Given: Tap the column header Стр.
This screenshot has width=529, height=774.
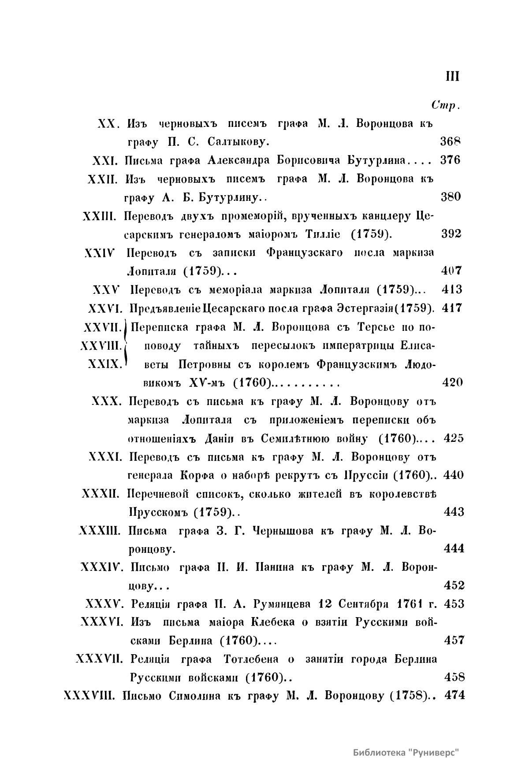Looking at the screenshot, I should pos(446,105).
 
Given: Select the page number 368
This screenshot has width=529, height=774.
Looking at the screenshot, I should pos(450,142).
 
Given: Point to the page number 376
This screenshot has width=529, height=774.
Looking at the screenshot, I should pos(450,160).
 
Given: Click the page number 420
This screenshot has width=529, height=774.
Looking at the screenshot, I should pos(452,382).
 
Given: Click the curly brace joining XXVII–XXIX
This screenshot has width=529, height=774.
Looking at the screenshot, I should pos(126,345).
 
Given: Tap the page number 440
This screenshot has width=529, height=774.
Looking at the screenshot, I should pos(452,475).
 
